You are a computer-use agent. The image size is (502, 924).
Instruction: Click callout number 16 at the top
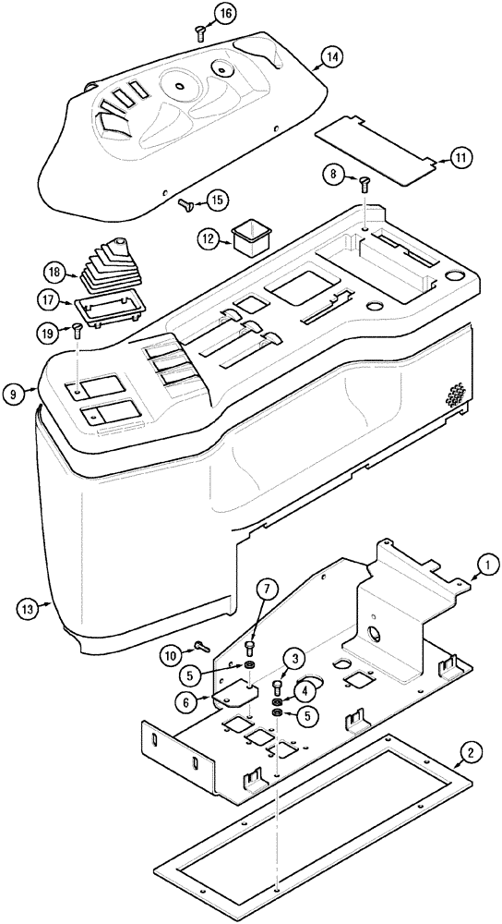tap(225, 12)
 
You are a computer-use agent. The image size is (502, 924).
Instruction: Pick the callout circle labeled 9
tap(13, 394)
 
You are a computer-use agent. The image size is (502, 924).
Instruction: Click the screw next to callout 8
tap(365, 184)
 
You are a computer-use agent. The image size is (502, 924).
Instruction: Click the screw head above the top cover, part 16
tap(200, 33)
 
